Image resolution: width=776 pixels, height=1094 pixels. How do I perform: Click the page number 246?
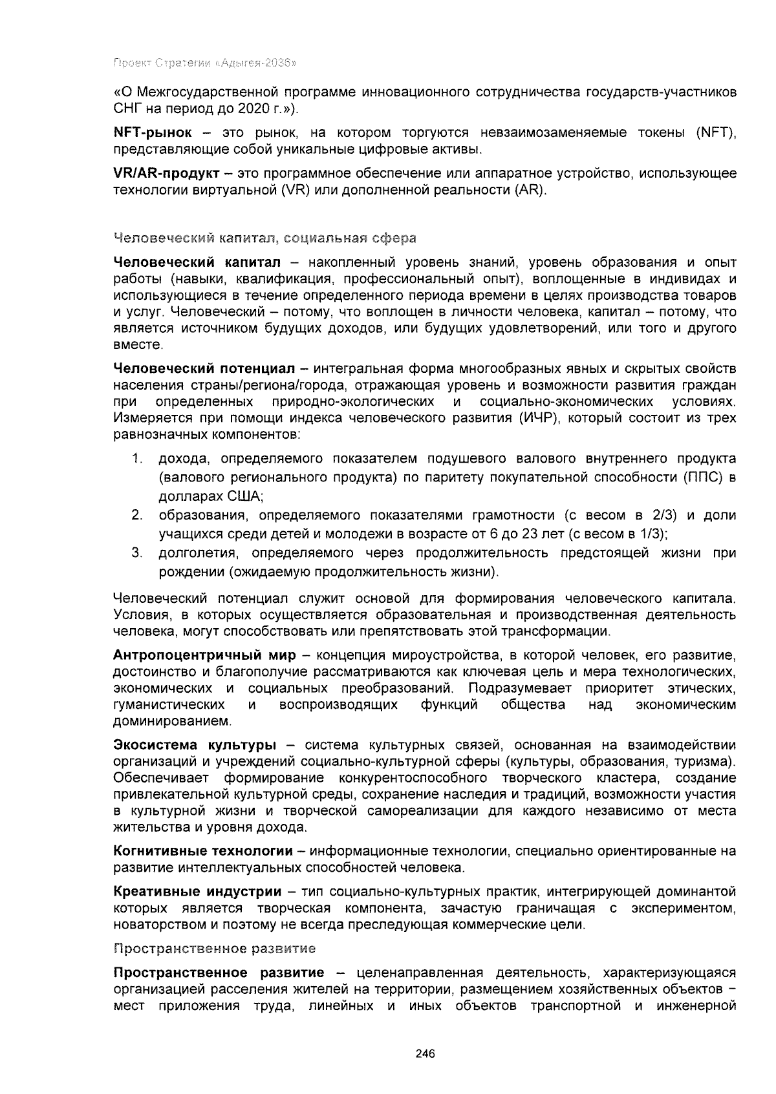(x=425, y=1053)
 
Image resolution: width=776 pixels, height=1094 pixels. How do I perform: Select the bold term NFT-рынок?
(x=153, y=133)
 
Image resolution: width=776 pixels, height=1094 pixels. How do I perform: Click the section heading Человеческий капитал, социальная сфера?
(x=264, y=238)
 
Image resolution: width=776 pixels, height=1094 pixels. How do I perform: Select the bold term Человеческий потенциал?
(x=204, y=368)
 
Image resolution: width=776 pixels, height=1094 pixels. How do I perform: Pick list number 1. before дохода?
(x=136, y=459)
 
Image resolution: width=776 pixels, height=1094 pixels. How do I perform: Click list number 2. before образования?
(x=136, y=515)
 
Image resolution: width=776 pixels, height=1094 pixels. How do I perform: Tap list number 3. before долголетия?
(x=136, y=553)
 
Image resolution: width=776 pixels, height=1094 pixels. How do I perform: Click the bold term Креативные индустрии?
(x=197, y=892)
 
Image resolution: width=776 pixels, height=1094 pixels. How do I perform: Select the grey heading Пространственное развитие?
(x=214, y=949)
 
